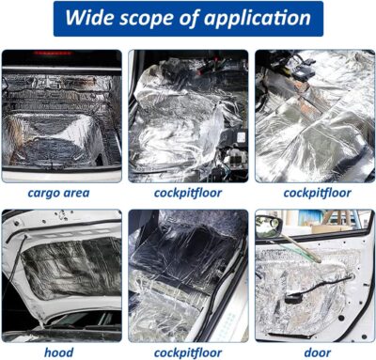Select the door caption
click(x=314, y=352)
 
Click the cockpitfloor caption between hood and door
click(x=188, y=352)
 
